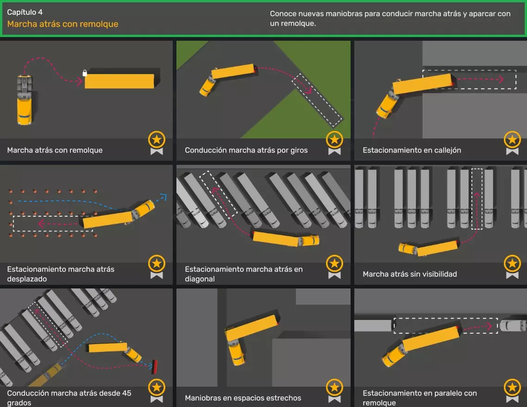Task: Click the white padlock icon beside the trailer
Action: tap(85, 73)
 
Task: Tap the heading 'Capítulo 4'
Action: tap(25, 12)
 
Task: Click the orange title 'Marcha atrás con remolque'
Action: tap(63, 24)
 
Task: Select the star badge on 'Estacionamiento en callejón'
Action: tap(512, 143)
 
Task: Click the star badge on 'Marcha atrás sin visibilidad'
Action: tap(512, 267)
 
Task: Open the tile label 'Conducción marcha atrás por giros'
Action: tap(246, 150)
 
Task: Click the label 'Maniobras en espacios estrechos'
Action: tap(243, 398)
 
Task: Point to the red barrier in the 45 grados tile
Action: tap(155, 367)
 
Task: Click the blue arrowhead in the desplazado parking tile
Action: tap(163, 196)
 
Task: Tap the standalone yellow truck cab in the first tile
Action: tap(25, 100)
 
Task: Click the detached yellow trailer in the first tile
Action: tap(119, 81)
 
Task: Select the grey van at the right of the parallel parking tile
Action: tap(513, 326)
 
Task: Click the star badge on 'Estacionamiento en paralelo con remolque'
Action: tap(512, 390)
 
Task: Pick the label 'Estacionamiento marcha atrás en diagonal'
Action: tap(244, 274)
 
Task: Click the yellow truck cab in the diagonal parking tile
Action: tap(309, 240)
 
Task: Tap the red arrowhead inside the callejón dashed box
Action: tap(501, 79)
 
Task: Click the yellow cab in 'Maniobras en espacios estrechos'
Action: tap(236, 352)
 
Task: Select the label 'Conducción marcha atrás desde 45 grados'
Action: tap(69, 398)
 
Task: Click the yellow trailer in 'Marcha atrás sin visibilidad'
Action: tap(437, 248)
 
